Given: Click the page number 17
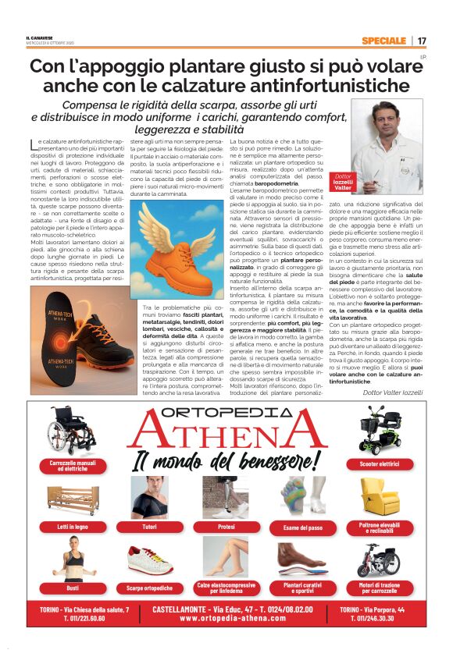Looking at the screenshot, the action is [x=422, y=41].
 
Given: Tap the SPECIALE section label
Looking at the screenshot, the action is [x=383, y=41].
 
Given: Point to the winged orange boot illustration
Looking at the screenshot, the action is [x=176, y=248].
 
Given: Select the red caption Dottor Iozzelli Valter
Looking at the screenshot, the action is [x=344, y=182].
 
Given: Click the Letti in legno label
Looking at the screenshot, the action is [x=72, y=527].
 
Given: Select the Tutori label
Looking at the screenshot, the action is [x=150, y=527].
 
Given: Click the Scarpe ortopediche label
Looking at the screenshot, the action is [x=150, y=587].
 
